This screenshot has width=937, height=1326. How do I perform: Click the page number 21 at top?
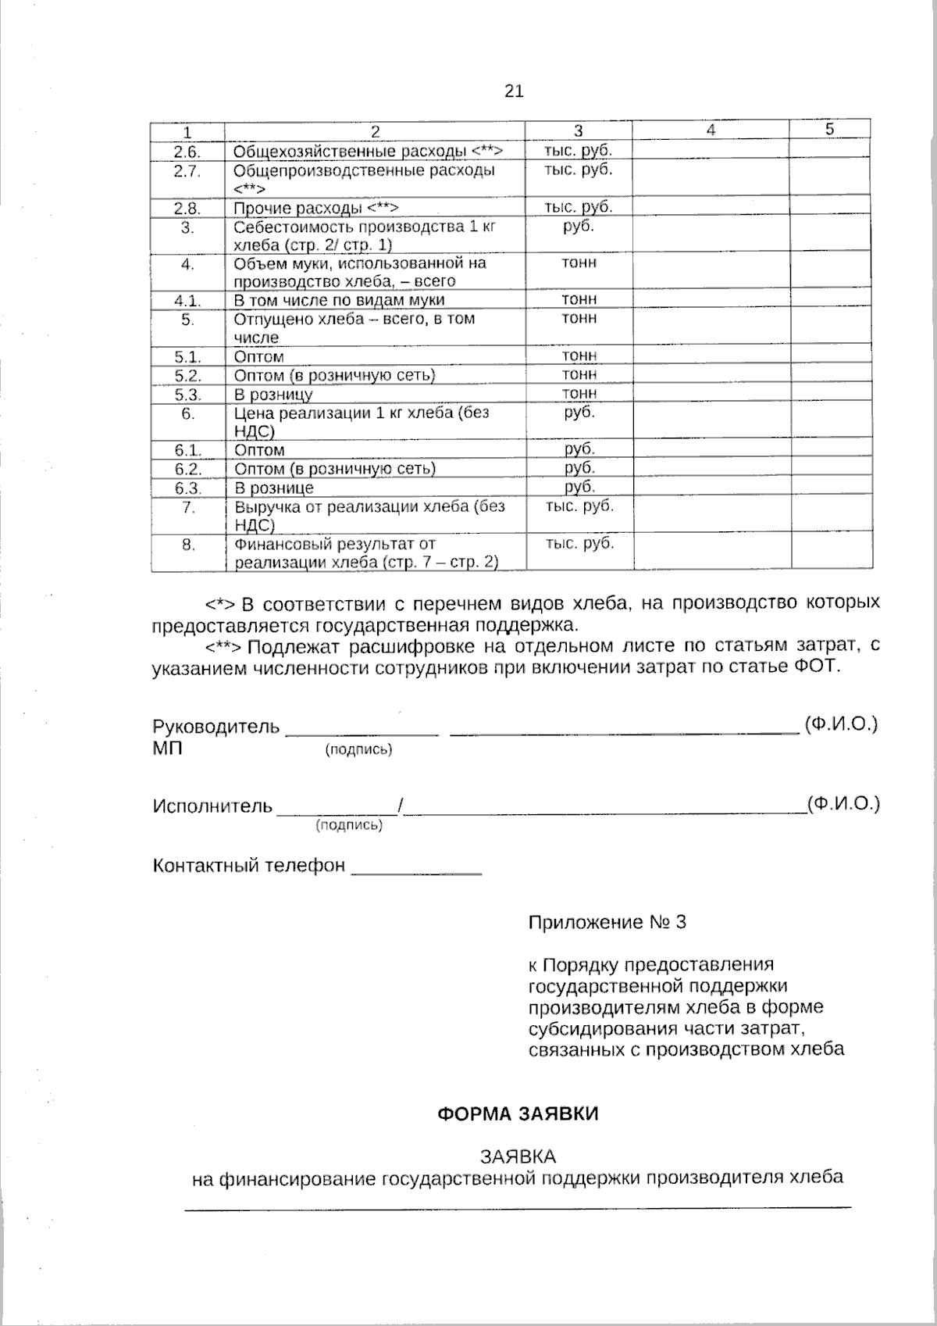click(x=513, y=91)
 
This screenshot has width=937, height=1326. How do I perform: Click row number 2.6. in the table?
click(x=187, y=152)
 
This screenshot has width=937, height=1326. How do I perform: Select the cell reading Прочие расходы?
click(x=316, y=208)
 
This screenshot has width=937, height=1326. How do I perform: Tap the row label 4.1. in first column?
click(x=187, y=301)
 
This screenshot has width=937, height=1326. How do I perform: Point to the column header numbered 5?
click(x=830, y=129)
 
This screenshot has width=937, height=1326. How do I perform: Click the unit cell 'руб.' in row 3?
click(x=578, y=227)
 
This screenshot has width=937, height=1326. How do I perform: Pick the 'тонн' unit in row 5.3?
click(x=579, y=393)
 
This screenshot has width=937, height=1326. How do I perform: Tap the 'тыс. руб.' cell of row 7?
click(x=579, y=506)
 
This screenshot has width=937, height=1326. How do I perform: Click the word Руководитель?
click(x=216, y=727)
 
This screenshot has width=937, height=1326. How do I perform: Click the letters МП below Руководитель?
click(x=167, y=748)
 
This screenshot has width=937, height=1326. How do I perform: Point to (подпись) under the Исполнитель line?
click(x=348, y=825)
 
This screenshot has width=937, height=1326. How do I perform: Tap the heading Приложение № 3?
click(x=607, y=922)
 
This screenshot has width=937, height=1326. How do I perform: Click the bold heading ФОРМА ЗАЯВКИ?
click(x=518, y=1113)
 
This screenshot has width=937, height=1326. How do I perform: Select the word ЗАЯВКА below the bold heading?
click(x=518, y=1156)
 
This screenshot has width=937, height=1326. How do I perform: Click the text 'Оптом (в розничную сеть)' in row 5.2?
click(x=334, y=375)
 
